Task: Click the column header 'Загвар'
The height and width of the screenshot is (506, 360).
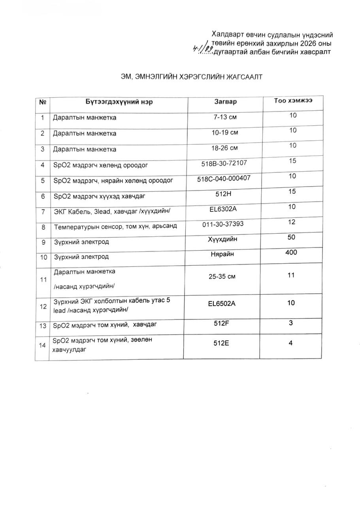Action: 225,102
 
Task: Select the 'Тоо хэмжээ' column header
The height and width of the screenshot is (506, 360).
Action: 293,100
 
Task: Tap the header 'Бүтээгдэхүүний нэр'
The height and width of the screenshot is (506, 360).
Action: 119,102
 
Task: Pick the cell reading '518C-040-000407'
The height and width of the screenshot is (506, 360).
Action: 224,179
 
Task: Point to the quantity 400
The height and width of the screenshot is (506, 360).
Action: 291,252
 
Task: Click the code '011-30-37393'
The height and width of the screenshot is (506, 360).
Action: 223,224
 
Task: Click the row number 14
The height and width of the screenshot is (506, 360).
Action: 42,345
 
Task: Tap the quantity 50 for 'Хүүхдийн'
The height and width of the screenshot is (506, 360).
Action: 292,237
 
